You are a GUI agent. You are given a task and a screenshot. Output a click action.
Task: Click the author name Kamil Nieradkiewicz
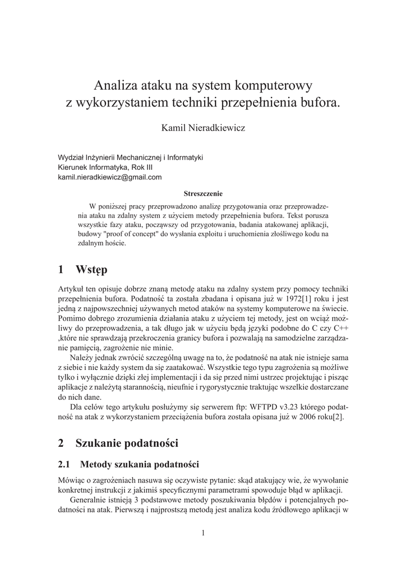[x=203, y=128]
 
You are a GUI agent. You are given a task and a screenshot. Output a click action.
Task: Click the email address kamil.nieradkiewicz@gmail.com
[x=110, y=177]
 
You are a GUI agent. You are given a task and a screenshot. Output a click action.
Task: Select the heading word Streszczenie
[x=203, y=193]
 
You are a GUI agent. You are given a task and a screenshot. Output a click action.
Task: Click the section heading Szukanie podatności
[x=126, y=443]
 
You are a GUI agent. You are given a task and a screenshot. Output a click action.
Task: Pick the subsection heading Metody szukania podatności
[x=140, y=464]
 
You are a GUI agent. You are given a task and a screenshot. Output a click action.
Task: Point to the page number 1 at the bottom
[x=203, y=533]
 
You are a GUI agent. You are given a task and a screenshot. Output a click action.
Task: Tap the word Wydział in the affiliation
[x=71, y=158]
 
